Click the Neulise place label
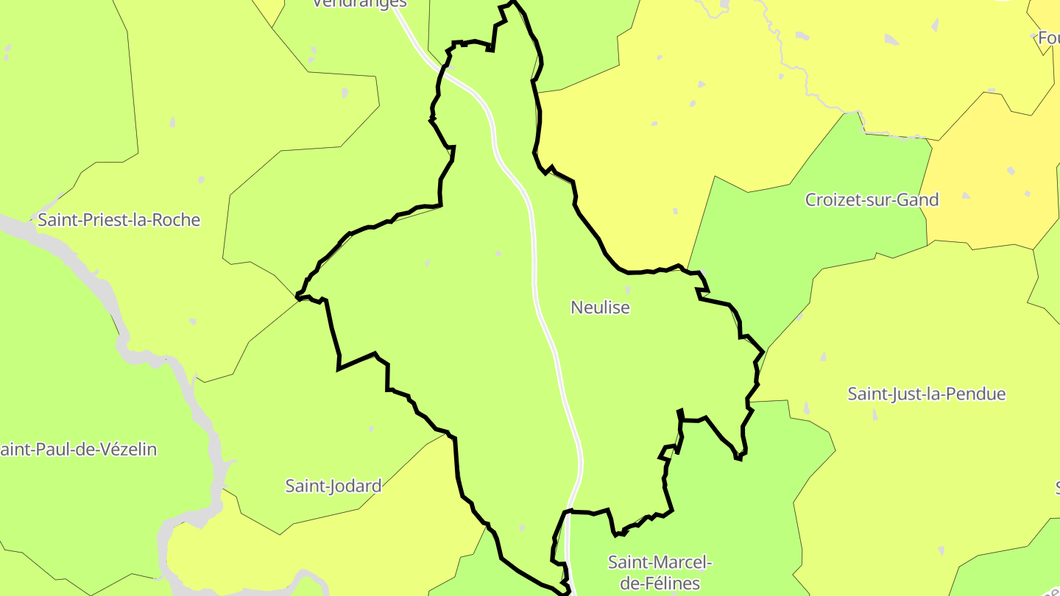tap(600, 308)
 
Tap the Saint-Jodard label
tap(333, 486)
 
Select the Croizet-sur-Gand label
tap(872, 199)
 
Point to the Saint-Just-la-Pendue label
tap(926, 394)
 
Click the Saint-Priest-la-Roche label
tap(119, 219)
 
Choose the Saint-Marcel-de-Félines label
tap(660, 573)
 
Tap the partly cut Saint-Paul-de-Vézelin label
tap(78, 449)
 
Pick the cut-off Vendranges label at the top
tap(359, 4)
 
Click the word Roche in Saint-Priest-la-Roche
tap(177, 219)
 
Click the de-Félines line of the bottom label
tap(660, 584)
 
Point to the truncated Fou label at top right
tap(1048, 38)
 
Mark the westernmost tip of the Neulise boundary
tap(297, 297)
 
